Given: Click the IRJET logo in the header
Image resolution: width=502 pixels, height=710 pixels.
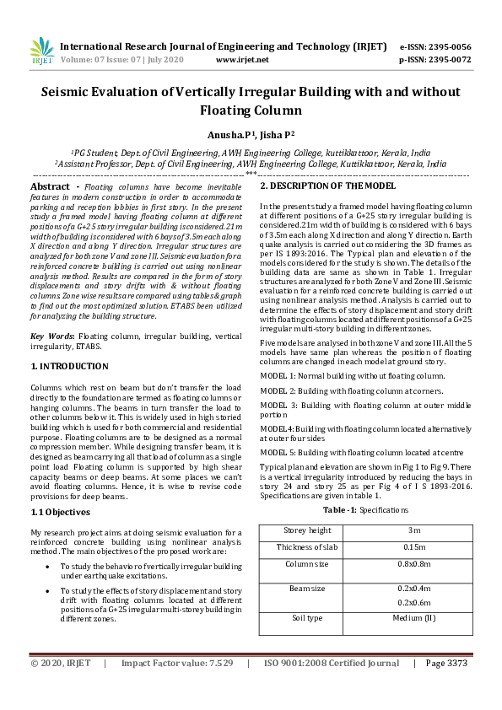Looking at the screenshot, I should pos(42,53).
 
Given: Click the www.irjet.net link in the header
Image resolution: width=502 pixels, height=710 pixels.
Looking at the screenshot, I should pos(242,60).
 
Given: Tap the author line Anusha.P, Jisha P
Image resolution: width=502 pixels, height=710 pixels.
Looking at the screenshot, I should pos(251,134).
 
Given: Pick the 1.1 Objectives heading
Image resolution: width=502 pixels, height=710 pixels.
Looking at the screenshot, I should pos(62,512).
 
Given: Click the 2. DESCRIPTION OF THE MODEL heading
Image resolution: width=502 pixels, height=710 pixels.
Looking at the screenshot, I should pos(327,186).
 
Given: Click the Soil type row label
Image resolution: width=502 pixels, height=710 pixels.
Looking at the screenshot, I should pos(306,618).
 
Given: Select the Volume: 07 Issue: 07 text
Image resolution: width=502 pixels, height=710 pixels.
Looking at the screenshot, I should pos(121,60).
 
